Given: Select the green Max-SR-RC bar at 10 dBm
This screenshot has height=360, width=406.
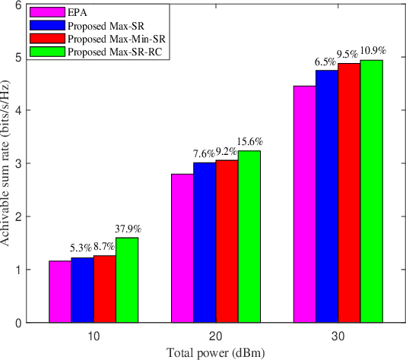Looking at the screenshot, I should [127, 280].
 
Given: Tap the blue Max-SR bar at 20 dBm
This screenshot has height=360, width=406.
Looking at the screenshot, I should [204, 242].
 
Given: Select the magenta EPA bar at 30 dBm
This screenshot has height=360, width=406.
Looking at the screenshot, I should [304, 204].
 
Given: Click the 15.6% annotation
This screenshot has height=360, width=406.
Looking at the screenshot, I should [251, 141].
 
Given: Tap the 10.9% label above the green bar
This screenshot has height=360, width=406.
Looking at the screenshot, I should [373, 51].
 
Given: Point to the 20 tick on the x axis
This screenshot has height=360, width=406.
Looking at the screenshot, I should [215, 335].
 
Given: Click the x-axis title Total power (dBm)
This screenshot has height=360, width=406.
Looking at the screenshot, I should [215, 351].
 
